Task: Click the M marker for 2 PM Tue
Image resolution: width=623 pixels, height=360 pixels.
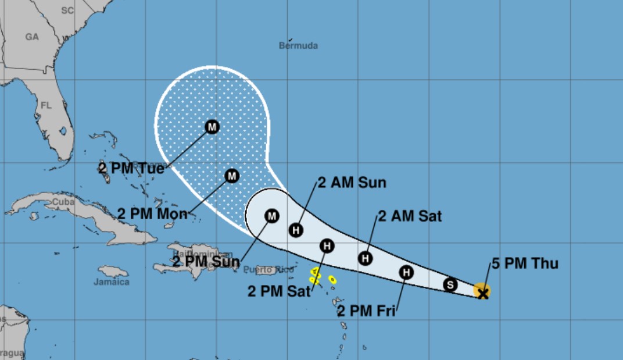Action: click(212, 126)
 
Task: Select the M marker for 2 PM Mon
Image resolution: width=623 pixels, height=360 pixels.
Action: click(232, 175)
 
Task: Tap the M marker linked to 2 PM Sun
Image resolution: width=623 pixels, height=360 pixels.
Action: click(271, 216)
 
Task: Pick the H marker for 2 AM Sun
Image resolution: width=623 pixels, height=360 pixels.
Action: click(296, 230)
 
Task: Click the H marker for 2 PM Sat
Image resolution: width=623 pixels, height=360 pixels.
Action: click(327, 245)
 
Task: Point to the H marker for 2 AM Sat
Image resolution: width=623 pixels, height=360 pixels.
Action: click(365, 258)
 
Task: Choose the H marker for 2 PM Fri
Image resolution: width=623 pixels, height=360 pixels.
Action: click(407, 272)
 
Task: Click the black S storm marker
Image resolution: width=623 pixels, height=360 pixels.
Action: click(450, 284)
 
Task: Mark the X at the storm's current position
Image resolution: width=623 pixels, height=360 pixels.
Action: click(482, 293)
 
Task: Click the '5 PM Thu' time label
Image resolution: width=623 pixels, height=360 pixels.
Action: click(525, 263)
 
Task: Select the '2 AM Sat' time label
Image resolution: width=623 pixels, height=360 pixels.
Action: click(410, 216)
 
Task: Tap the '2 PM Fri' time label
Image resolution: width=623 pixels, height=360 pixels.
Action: click(366, 311)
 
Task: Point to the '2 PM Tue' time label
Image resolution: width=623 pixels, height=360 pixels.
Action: click(131, 168)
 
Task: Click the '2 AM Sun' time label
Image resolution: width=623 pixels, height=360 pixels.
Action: click(352, 183)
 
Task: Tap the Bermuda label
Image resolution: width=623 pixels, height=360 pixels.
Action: click(298, 45)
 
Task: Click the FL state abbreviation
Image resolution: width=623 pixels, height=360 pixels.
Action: click(46, 106)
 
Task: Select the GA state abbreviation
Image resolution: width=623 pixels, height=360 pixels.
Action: click(31, 37)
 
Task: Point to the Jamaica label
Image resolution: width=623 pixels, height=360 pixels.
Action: click(111, 282)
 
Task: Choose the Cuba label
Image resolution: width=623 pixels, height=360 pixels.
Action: click(63, 201)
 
